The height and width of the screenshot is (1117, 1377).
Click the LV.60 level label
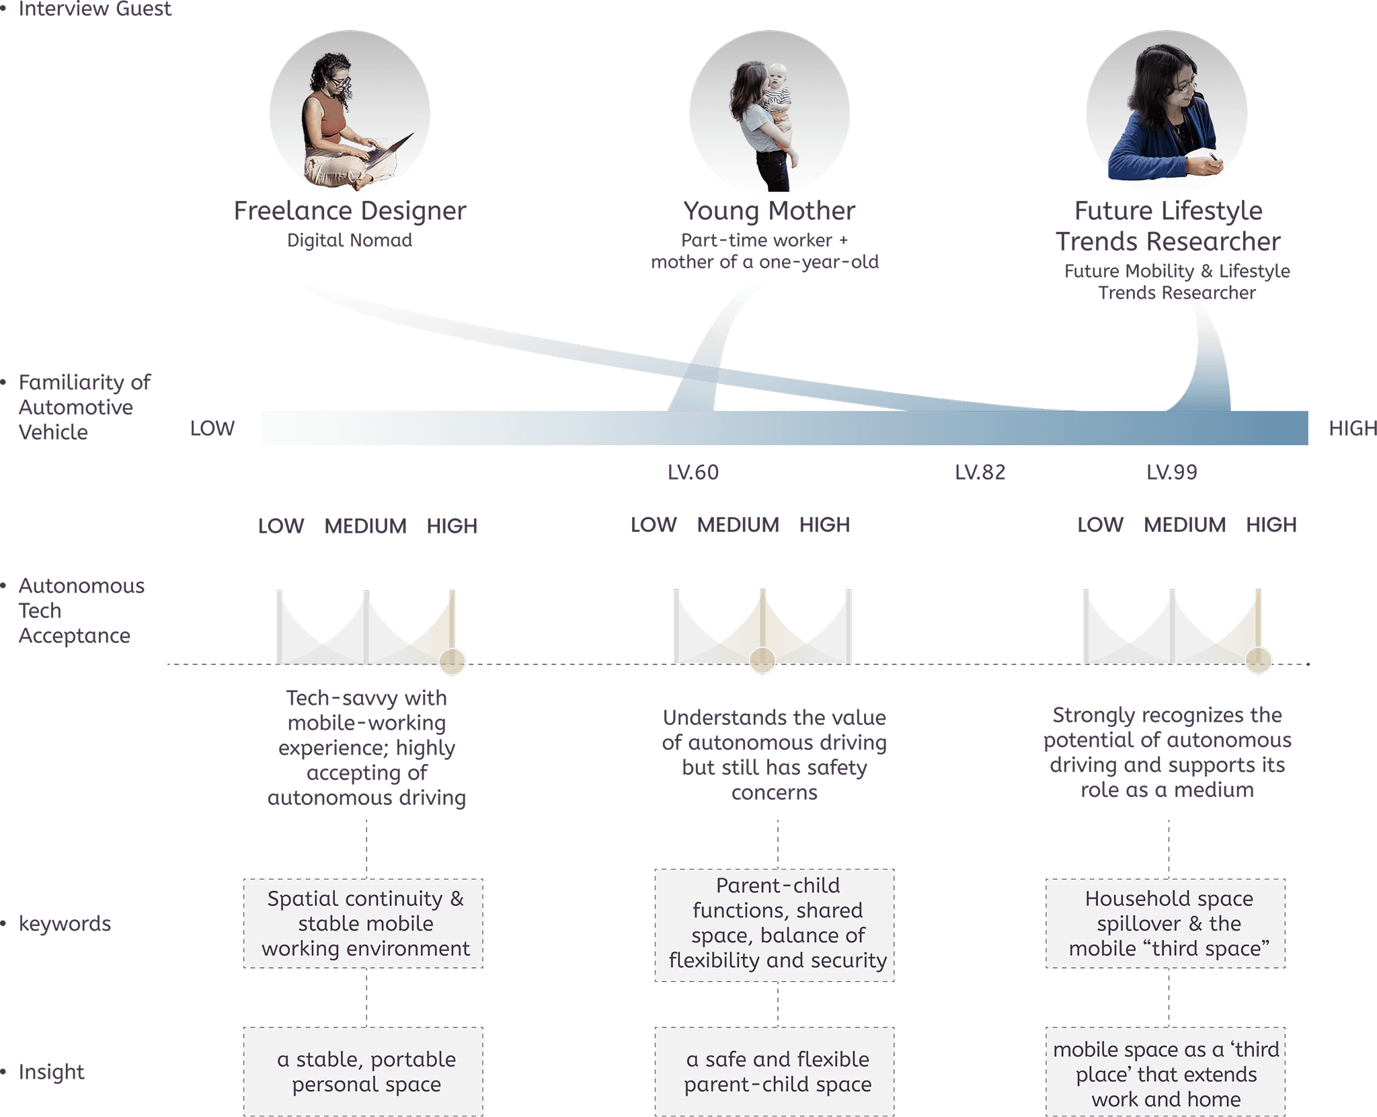point(693,472)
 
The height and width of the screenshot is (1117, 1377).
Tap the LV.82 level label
point(980,472)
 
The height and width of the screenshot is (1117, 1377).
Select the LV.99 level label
point(1172,472)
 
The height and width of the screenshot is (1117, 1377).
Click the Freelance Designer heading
point(350,211)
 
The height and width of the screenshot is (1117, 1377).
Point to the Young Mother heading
point(769,211)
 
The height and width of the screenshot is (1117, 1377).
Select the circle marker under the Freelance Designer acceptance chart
point(452,662)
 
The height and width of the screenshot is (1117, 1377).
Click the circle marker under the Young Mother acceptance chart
point(762,661)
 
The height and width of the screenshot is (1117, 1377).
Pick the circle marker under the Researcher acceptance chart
point(1258,660)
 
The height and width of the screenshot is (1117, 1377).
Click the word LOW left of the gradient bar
point(212,428)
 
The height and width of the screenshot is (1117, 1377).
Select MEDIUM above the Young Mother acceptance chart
point(738,525)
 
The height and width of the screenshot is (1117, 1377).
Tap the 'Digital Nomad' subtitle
point(350,241)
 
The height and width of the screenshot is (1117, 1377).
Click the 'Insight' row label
point(52,1072)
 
